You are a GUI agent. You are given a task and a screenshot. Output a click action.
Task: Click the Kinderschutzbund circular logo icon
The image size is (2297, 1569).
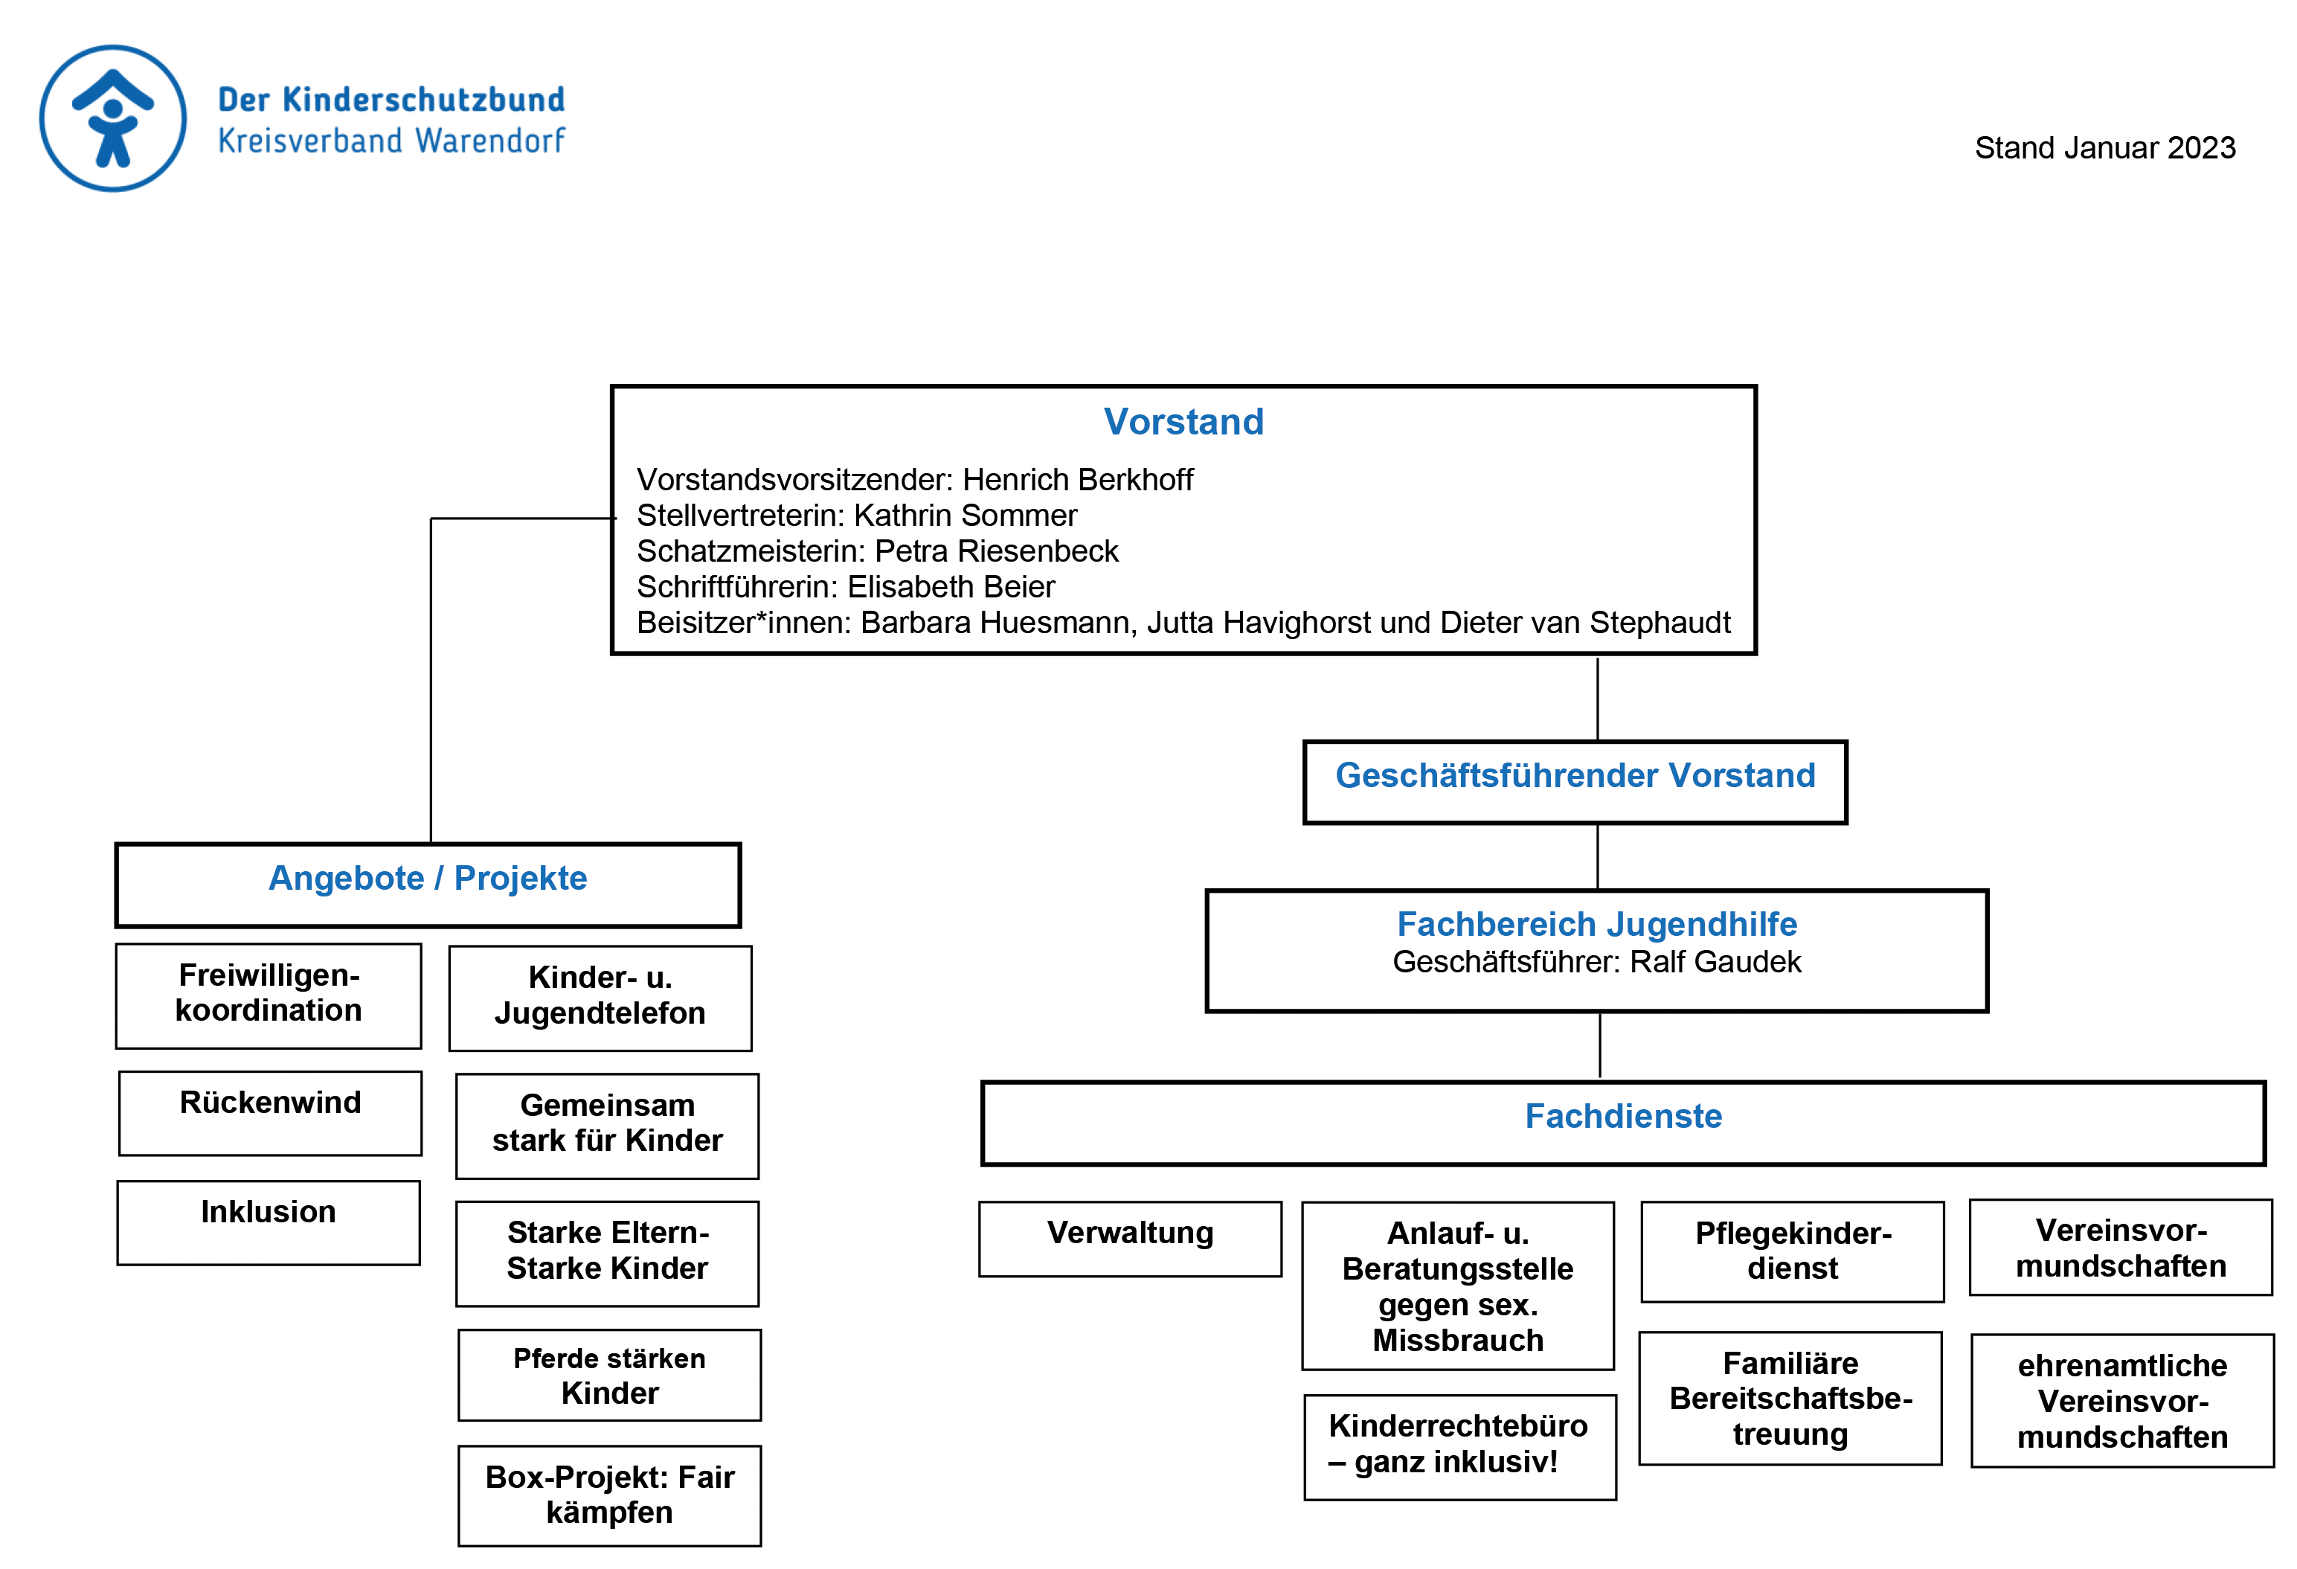tap(112, 118)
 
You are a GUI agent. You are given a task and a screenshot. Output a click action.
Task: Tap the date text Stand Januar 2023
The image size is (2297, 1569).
tap(2104, 147)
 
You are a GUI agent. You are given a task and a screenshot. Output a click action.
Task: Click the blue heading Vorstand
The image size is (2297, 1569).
tap(1183, 421)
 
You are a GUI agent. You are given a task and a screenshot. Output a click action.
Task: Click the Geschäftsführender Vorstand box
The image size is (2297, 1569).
tap(1575, 782)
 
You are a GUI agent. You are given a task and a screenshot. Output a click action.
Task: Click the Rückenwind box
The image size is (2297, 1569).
tap(270, 1113)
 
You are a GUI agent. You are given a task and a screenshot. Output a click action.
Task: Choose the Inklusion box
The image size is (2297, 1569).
tap(269, 1222)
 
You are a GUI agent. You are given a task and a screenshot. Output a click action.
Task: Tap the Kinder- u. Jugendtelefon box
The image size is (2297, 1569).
tap(600, 998)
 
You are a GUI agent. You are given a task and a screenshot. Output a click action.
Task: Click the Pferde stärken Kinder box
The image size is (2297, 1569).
tap(610, 1376)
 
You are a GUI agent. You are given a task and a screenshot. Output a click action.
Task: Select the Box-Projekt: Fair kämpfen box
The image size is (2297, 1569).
tap(610, 1496)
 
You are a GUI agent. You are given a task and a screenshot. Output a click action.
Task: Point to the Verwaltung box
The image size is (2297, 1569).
tap(1130, 1239)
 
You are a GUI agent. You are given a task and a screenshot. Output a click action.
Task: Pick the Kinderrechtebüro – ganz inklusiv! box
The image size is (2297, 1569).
tap(1460, 1448)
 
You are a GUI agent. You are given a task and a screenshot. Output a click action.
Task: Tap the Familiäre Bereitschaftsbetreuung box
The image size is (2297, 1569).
tap(1790, 1399)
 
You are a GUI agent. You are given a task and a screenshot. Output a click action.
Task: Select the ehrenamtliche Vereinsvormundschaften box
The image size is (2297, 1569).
tap(2122, 1401)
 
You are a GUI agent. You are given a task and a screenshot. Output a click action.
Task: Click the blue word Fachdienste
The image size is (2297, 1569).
tap(1623, 1116)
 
